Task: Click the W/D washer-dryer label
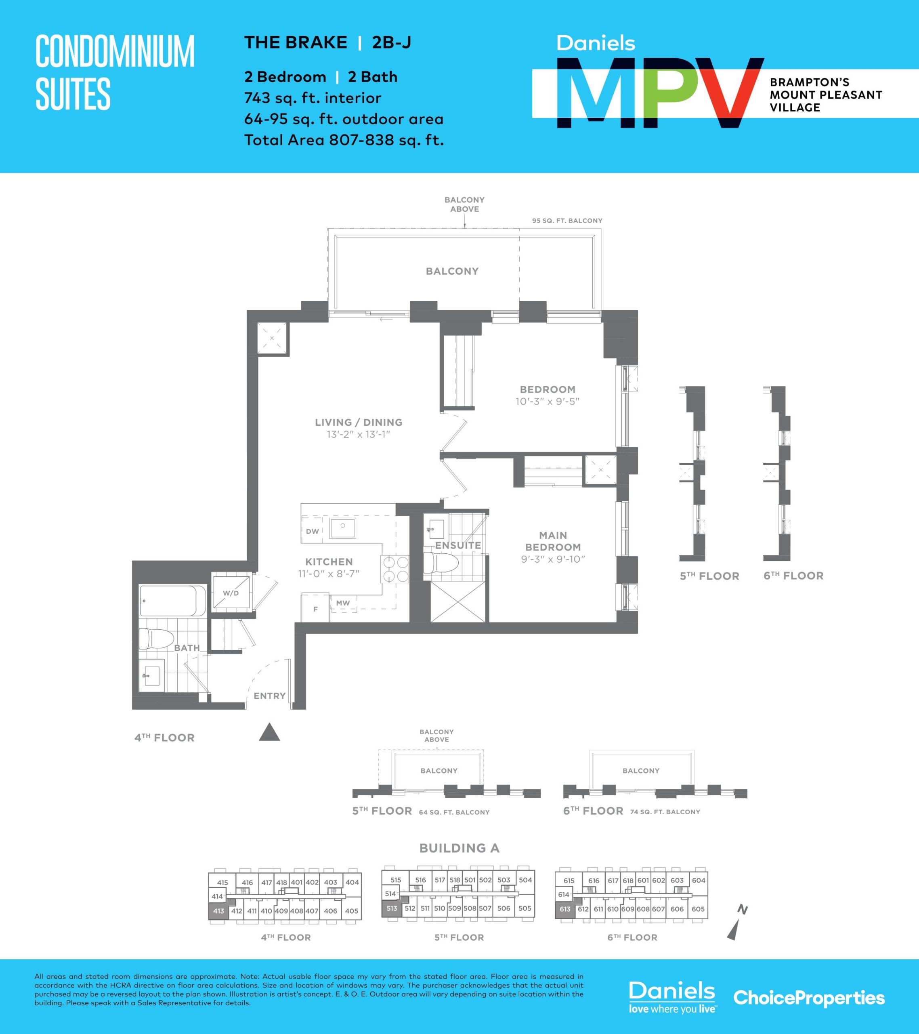[231, 593]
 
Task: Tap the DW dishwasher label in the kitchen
[313, 531]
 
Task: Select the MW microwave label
[343, 603]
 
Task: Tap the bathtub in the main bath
[172, 601]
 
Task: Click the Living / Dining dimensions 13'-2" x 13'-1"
[359, 435]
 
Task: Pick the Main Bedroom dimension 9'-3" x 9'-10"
[553, 559]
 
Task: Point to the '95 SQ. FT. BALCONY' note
[567, 221]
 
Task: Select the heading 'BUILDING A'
[459, 848]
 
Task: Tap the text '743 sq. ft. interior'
[313, 98]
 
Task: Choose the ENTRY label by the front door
[270, 696]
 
